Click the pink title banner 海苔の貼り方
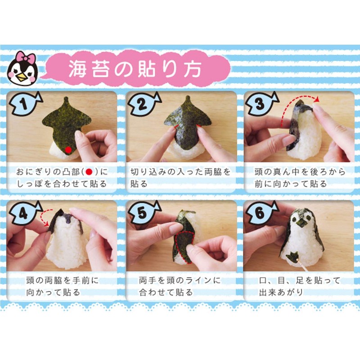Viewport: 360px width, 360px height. click(135, 69)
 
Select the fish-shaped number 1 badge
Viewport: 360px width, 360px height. click(25, 105)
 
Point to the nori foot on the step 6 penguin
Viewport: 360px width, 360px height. click(293, 257)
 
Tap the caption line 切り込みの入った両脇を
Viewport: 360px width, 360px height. click(180, 172)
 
